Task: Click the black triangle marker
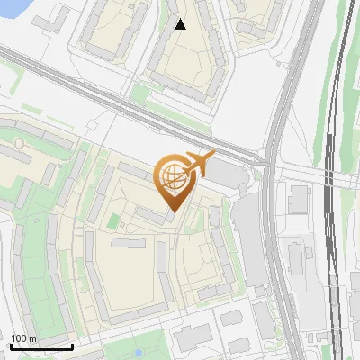click(x=180, y=24)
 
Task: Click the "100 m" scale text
click(x=23, y=338)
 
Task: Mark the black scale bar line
click(x=41, y=346)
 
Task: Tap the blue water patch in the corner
click(x=13, y=8)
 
